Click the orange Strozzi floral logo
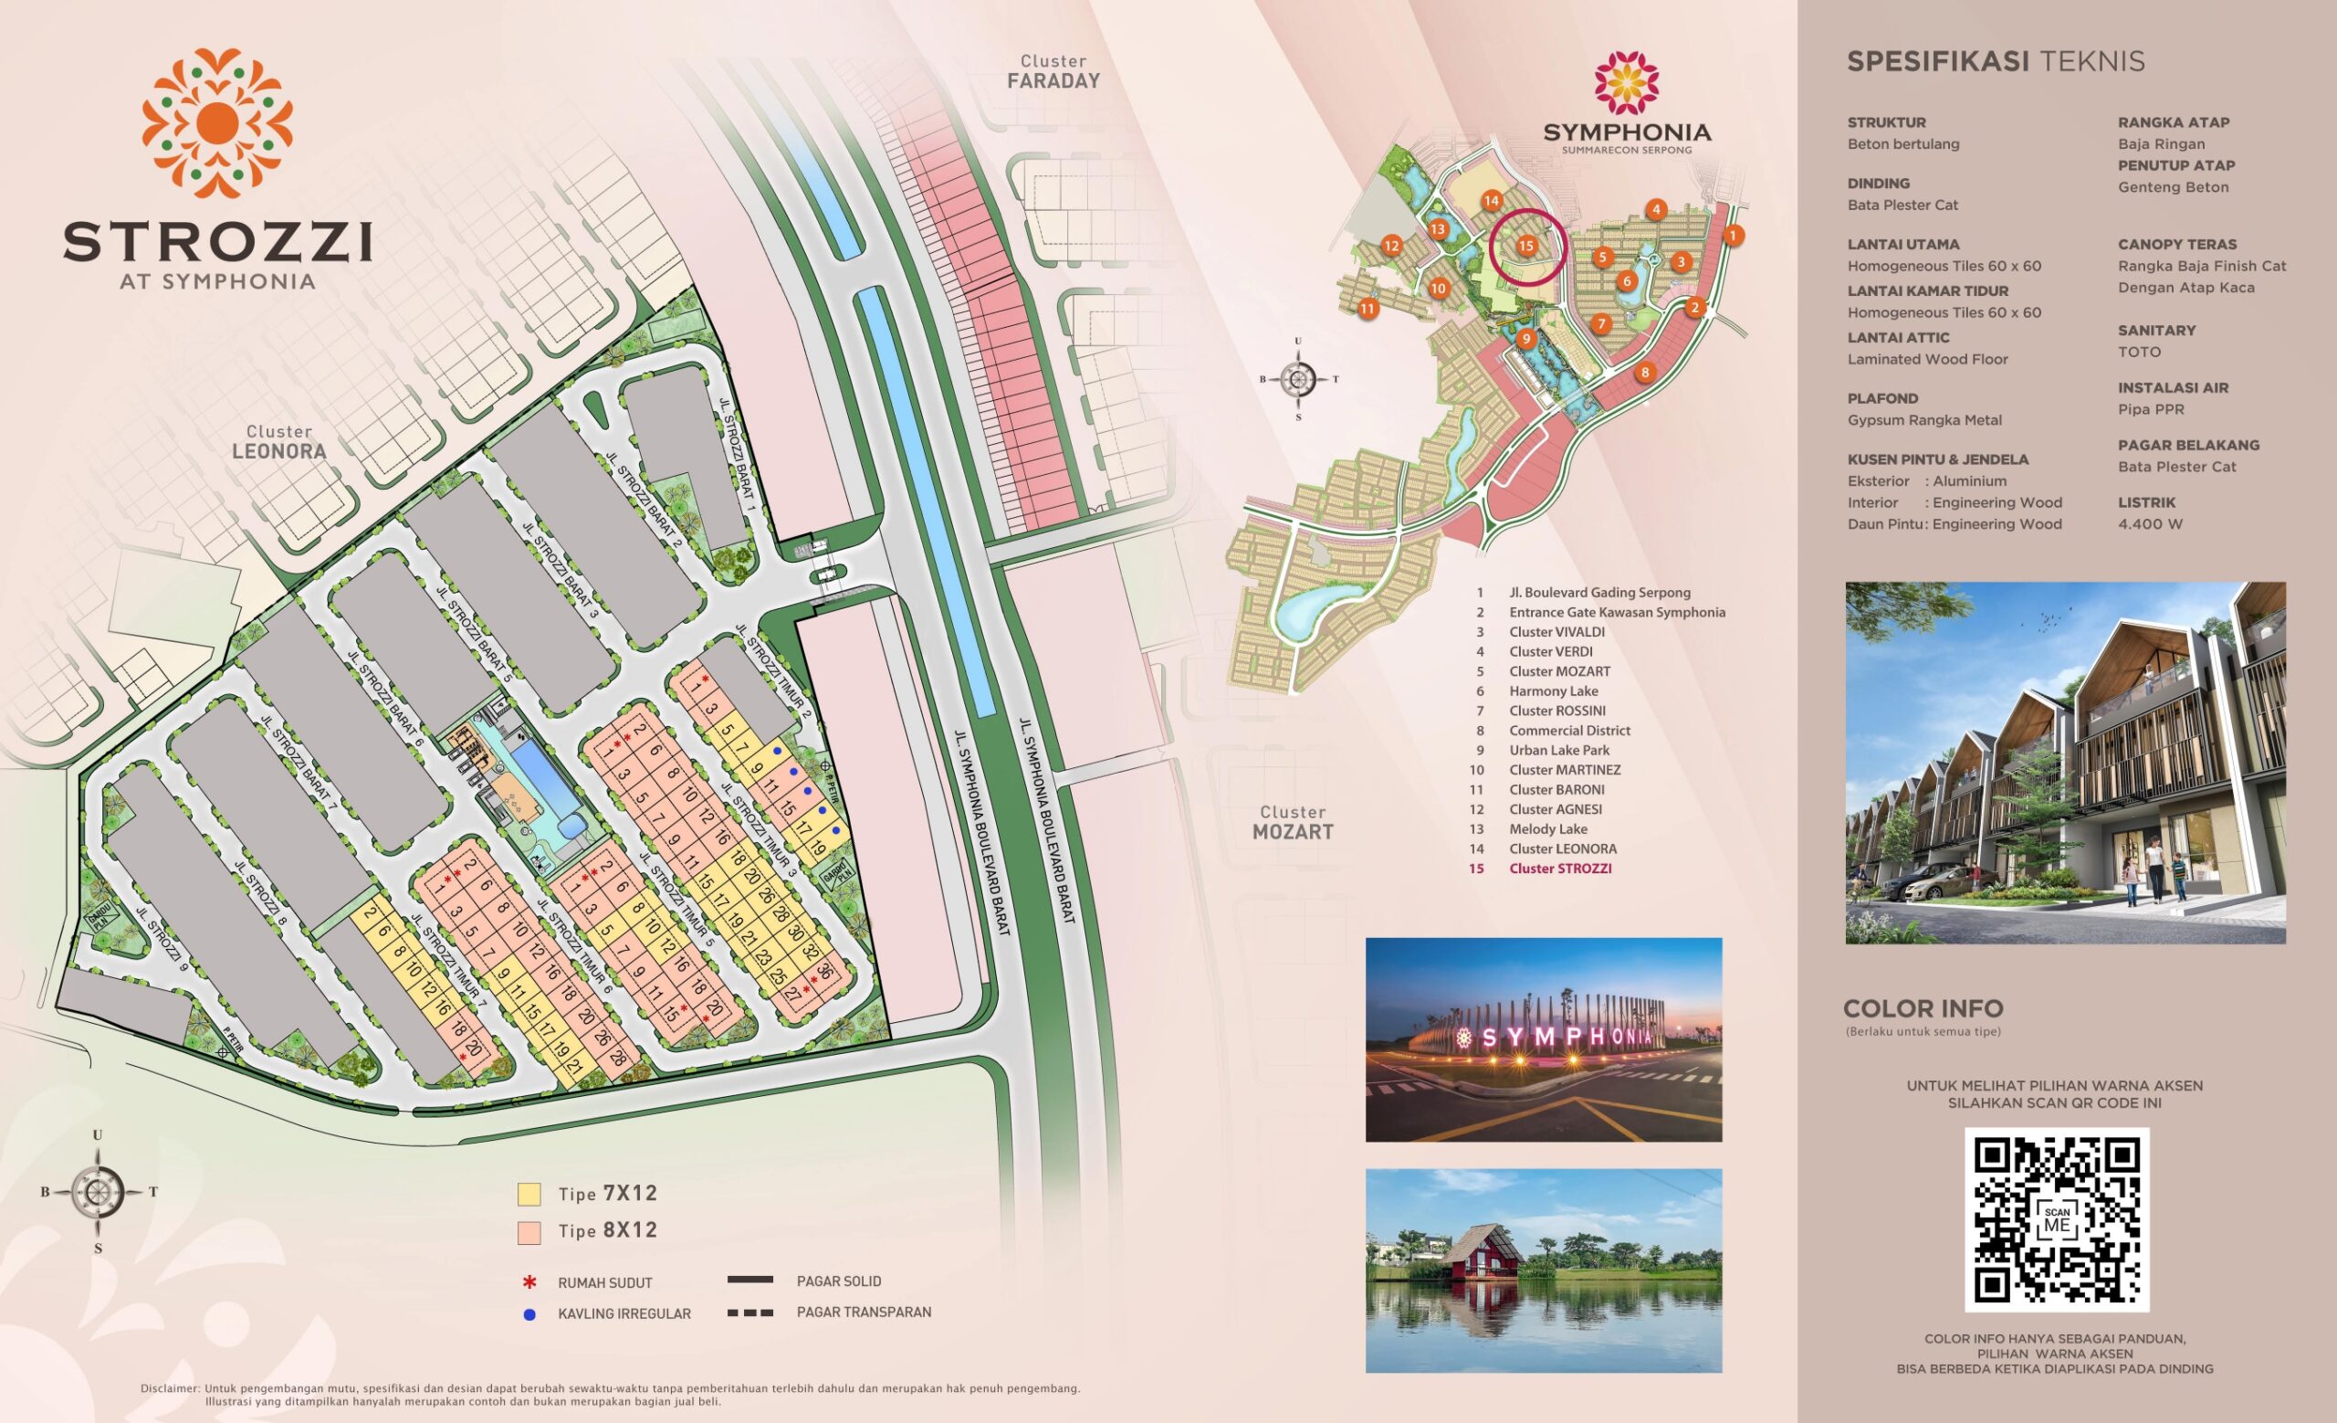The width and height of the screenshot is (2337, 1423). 217,123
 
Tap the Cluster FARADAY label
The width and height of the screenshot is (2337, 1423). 1053,72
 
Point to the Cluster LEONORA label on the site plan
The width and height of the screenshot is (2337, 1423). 278,442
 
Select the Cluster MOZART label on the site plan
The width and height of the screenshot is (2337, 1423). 1293,823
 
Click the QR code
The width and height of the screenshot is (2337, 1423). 2056,1219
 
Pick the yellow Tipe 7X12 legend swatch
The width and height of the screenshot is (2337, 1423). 529,1194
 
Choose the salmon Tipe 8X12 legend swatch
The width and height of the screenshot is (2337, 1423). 529,1231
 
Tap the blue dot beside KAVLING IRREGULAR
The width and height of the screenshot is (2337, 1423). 529,1315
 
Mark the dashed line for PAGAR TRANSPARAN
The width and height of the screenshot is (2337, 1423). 749,1313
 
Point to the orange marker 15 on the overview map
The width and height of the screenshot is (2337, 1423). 1525,246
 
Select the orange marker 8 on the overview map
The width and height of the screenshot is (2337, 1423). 1645,372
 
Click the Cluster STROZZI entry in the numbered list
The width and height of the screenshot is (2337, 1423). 1560,868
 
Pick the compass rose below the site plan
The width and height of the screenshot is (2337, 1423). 99,1192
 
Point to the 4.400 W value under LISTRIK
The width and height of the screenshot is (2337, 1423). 2150,523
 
